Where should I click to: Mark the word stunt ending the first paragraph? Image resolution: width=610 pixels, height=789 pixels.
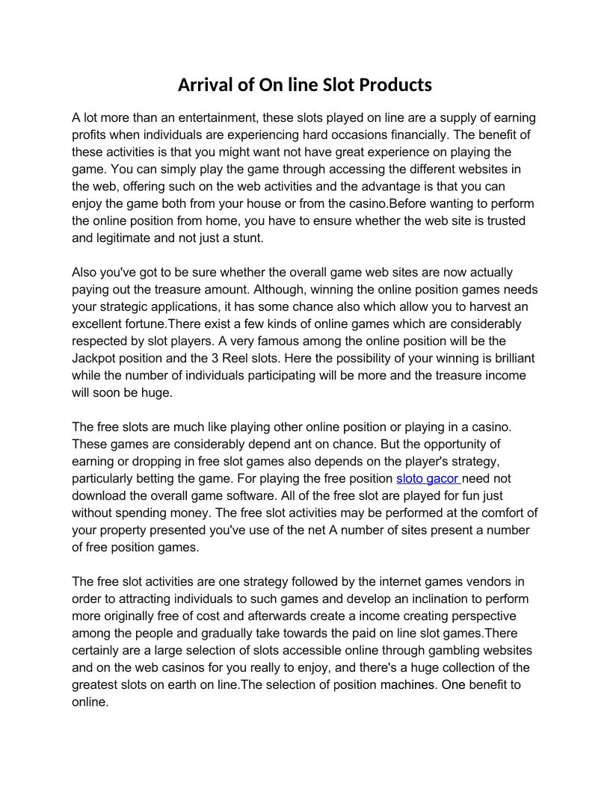coord(247,238)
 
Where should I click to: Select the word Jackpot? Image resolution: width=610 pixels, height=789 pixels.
coord(94,359)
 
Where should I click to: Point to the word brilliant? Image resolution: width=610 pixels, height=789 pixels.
coord(510,359)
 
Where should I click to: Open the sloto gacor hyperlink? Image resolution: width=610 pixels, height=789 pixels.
coord(427,479)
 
